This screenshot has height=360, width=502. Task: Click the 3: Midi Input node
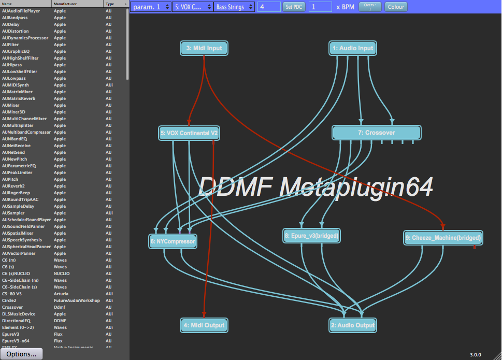[204, 48]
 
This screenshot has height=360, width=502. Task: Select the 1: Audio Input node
[352, 48]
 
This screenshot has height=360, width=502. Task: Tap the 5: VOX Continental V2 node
[189, 133]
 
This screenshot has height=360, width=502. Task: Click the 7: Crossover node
[376, 133]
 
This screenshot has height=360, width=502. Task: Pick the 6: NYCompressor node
[173, 241]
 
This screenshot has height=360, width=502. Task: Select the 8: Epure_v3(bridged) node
[311, 236]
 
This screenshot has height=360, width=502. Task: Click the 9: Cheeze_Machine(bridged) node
[443, 238]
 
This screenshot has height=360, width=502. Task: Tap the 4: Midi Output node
[204, 325]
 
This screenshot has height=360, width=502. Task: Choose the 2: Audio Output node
[352, 325]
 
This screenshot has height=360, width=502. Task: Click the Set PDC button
[295, 7]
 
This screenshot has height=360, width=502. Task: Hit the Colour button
[396, 7]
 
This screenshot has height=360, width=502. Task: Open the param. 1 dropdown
[150, 7]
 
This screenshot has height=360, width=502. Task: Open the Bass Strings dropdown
[233, 7]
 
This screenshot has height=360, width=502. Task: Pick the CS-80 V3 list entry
[12, 294]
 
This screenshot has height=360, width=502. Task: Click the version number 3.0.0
[475, 355]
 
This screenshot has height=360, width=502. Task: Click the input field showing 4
[268, 7]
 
